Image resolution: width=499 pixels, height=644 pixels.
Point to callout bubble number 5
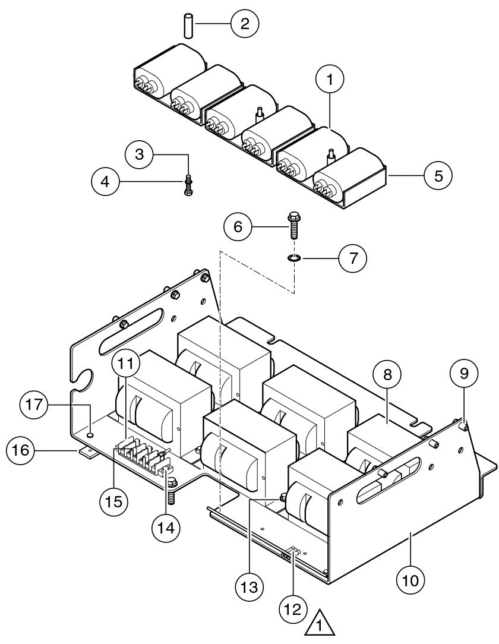tap(438, 176)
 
